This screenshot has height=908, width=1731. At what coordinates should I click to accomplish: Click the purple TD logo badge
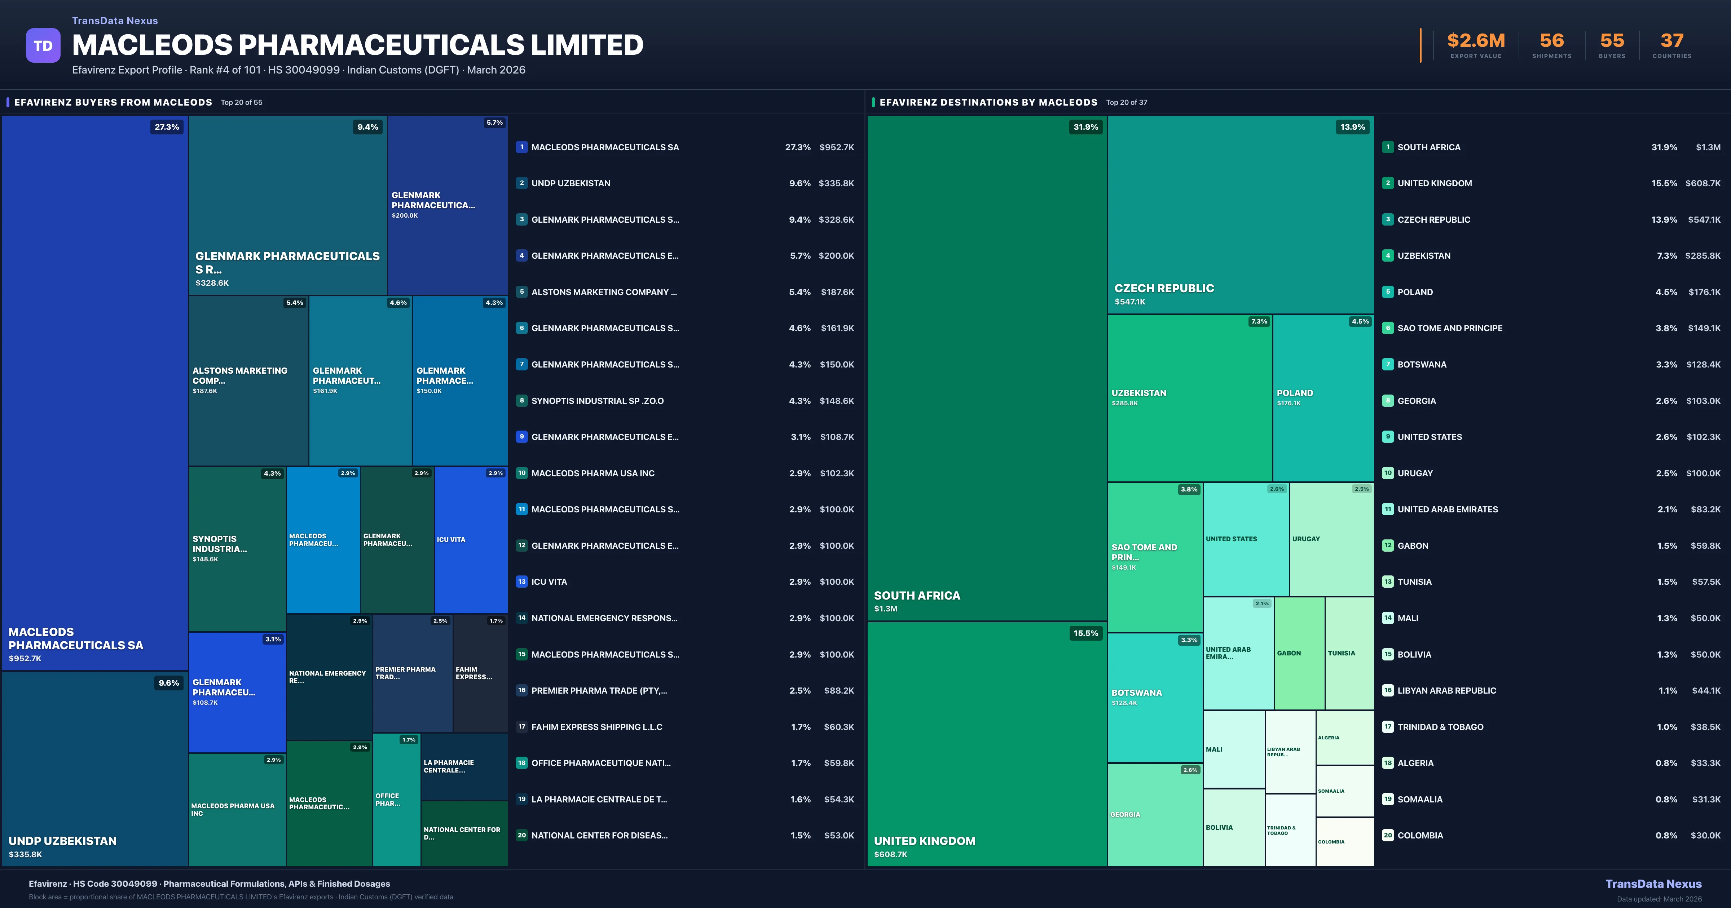point(43,46)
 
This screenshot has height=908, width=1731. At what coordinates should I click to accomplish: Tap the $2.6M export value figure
point(1476,41)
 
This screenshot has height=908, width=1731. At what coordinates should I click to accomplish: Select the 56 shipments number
point(1551,41)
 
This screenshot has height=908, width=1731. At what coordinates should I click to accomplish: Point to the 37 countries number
point(1672,41)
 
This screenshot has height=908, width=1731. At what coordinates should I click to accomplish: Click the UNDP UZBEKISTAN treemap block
point(95,769)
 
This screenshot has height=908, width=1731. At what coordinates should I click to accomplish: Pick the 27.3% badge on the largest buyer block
point(167,127)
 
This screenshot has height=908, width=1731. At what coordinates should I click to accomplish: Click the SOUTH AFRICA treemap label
point(917,596)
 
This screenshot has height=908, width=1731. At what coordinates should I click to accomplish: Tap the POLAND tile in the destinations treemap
point(1322,397)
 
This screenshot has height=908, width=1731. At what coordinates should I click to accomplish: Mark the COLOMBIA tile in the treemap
point(1344,841)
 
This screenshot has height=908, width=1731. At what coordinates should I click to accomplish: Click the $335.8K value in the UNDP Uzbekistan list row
point(836,183)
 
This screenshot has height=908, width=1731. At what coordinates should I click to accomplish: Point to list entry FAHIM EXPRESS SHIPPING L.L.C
point(597,727)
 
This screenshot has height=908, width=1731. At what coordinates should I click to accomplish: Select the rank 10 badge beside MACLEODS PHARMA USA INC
point(521,473)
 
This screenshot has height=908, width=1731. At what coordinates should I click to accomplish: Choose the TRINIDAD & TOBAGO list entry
point(1440,727)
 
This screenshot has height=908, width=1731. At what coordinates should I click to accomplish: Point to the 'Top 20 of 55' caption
point(242,103)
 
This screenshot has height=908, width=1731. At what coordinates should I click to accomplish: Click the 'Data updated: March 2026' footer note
point(1659,899)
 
